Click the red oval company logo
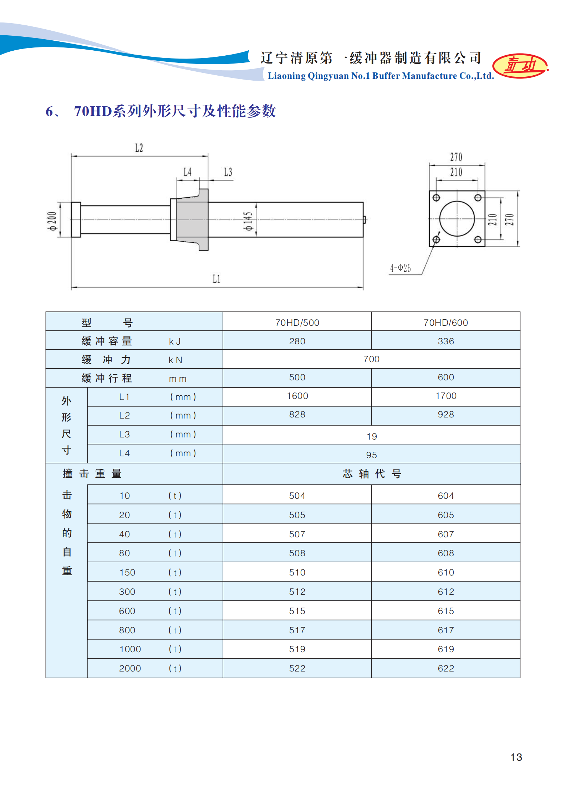tap(520, 66)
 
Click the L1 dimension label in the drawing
tap(216, 279)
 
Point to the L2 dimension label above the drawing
tap(139, 148)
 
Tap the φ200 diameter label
tap(52, 221)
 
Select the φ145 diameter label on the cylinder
tap(248, 221)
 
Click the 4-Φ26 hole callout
tap(401, 268)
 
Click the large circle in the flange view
tap(457, 219)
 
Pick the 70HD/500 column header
tap(297, 323)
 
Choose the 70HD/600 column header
tap(445, 323)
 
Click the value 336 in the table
tap(445, 341)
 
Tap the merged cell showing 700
tap(371, 359)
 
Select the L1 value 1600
tap(297, 396)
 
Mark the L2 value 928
tap(445, 415)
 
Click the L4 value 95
tap(371, 455)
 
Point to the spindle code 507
tap(297, 534)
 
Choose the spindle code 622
tap(445, 668)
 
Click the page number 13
tap(516, 757)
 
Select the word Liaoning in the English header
tap(286, 76)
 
